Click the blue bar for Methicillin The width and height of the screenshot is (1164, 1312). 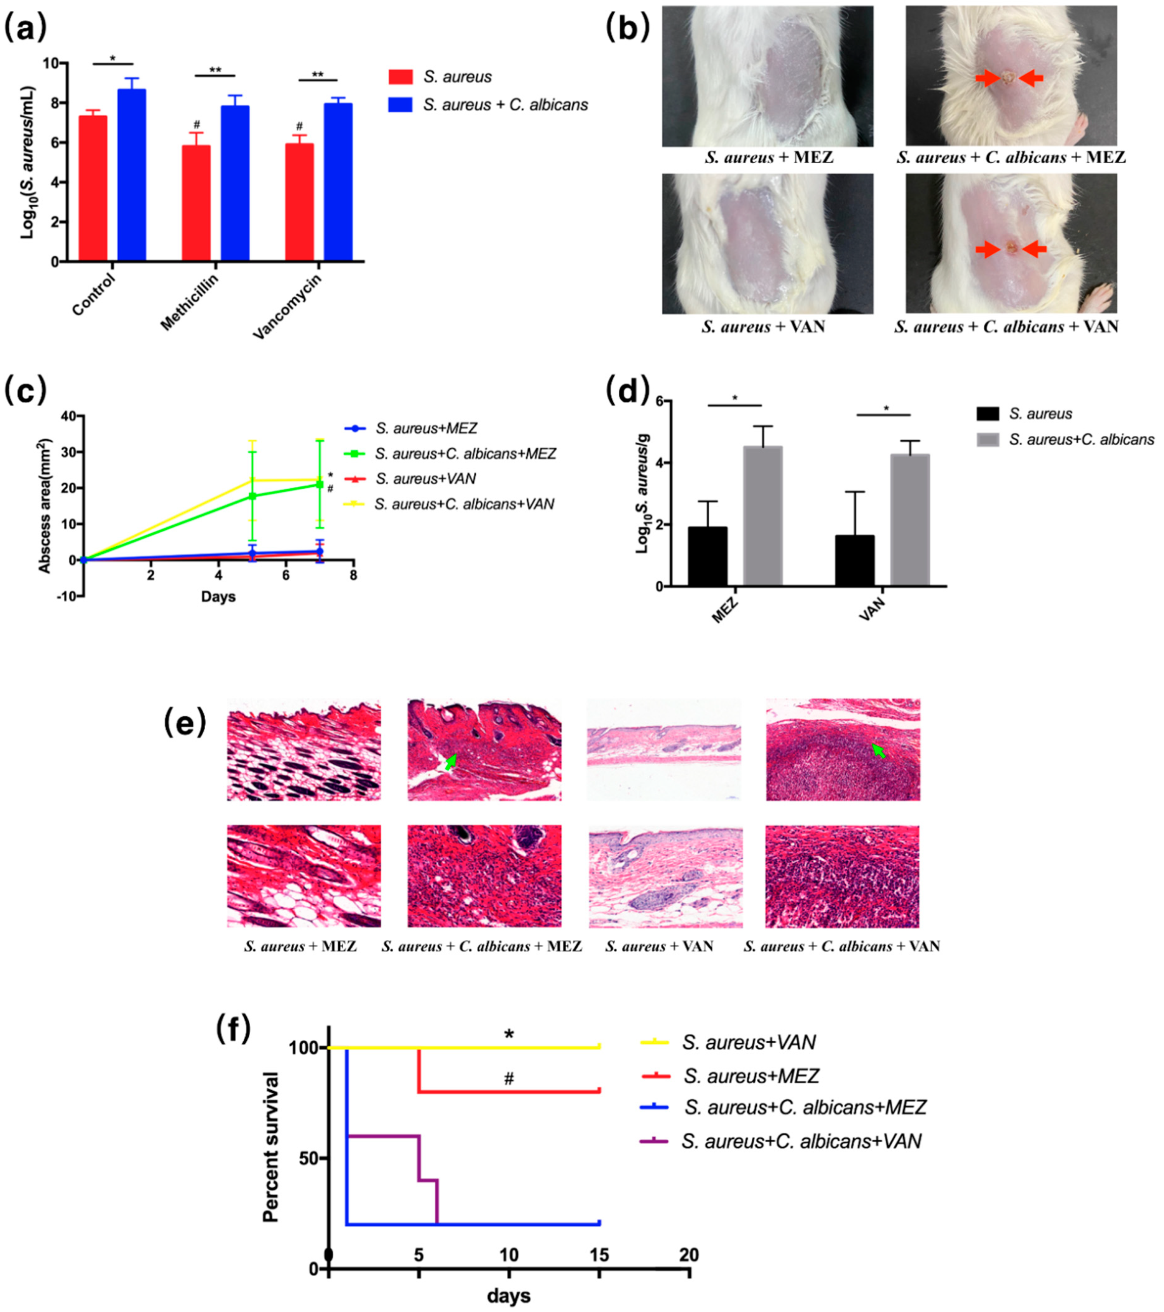(x=235, y=183)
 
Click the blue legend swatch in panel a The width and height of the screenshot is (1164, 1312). (x=400, y=105)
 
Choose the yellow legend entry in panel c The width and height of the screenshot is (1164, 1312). (x=449, y=504)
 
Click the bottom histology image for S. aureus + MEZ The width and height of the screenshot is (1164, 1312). (x=304, y=876)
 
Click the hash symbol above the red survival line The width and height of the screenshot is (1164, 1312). (x=509, y=1078)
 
